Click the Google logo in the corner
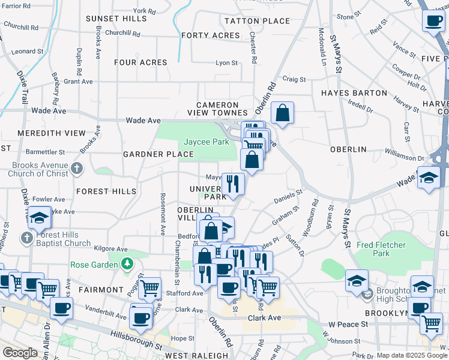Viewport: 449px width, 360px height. pyautogui.click(x=20, y=353)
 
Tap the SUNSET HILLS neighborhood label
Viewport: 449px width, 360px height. pyautogui.click(x=116, y=19)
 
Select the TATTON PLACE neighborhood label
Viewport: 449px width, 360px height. pyautogui.click(x=257, y=21)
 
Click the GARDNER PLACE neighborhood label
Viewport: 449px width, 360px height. pyautogui.click(x=158, y=154)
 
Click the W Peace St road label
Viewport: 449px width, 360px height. pyautogui.click(x=344, y=324)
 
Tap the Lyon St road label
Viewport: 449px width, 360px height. pyautogui.click(x=226, y=62)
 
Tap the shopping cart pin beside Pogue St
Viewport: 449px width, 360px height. pyautogui.click(x=149, y=288)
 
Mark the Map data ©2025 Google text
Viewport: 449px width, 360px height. pyautogui.click(x=412, y=355)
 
